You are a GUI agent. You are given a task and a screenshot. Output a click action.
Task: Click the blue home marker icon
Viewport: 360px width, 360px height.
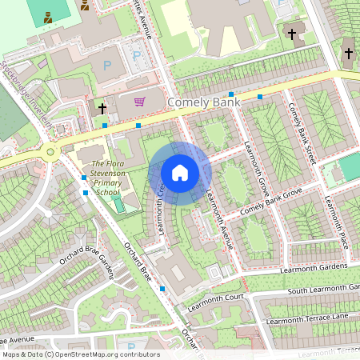coord(180,172)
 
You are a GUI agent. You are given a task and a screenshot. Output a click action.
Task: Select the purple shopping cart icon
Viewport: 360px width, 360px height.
coord(139,102)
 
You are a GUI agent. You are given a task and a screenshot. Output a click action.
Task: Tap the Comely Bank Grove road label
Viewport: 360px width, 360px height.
coord(270,203)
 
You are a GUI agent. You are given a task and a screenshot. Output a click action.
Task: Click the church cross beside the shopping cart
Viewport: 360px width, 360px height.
coord(102,106)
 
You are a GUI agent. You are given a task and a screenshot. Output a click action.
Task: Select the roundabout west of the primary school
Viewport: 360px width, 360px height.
coord(50,151)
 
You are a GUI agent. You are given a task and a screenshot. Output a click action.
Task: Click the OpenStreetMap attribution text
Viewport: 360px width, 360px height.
coord(80,354)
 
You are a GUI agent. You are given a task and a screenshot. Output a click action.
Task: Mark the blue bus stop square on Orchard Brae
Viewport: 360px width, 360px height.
coord(162,287)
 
